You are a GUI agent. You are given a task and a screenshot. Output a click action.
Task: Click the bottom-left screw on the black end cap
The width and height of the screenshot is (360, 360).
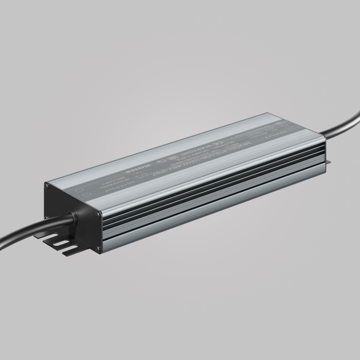pyautogui.click(x=47, y=218)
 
